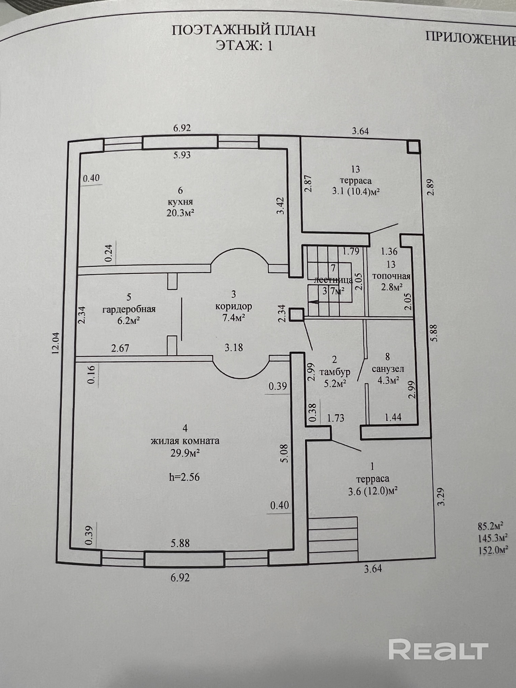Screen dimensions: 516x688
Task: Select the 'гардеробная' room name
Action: [129, 310]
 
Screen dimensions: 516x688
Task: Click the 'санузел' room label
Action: [388, 369]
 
